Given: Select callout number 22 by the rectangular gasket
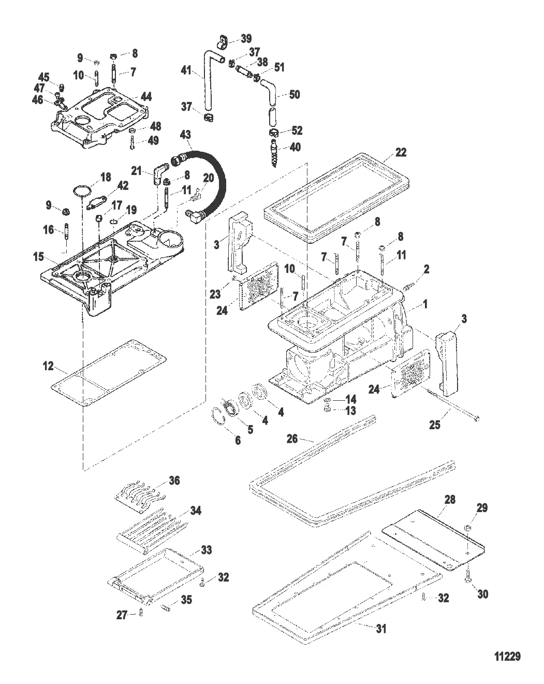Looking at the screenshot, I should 401,152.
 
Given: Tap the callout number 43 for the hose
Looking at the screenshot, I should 185,135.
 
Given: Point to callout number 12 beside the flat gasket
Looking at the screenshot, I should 48,366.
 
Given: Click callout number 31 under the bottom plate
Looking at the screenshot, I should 380,629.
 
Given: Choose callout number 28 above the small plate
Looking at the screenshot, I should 449,499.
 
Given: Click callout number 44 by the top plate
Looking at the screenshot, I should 146,96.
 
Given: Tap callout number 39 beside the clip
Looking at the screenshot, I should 246,38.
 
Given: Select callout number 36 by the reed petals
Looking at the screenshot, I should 174,481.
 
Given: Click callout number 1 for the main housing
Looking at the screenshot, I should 425,304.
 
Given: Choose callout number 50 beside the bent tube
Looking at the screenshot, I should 295,95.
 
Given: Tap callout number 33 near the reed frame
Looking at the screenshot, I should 207,550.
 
